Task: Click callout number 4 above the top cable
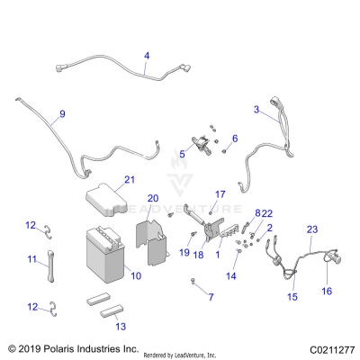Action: click(147, 56)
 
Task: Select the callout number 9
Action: click(62, 113)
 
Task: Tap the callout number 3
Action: click(256, 109)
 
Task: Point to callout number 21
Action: click(130, 180)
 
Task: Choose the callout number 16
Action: click(327, 291)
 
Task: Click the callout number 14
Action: click(232, 276)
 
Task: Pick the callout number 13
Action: click(121, 326)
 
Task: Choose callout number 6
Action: click(235, 139)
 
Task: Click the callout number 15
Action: click(291, 296)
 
